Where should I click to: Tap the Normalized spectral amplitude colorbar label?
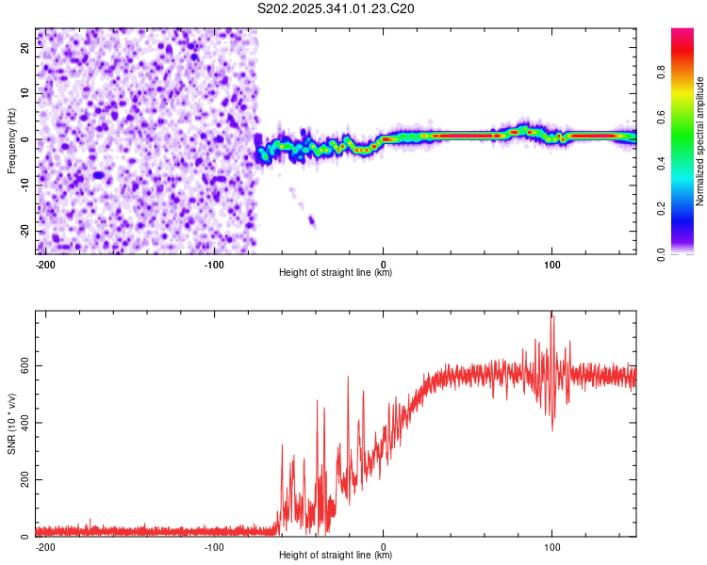[x=700, y=141]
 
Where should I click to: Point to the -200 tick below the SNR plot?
[x=44, y=545]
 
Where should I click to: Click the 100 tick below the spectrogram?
[x=551, y=263]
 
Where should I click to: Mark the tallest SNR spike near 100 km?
[x=552, y=315]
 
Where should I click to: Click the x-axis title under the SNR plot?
[x=336, y=556]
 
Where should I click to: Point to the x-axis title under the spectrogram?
[x=336, y=273]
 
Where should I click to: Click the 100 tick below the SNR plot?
[x=551, y=545]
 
